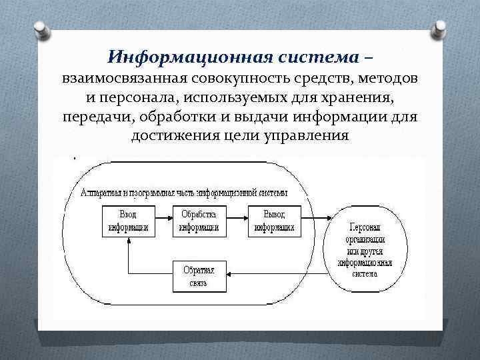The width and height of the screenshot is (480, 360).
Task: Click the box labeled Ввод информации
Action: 128,221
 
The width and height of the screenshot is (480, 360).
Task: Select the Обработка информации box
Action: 199,221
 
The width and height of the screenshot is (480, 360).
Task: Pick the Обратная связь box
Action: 199,276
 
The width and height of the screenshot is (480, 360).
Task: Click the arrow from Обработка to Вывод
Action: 235,221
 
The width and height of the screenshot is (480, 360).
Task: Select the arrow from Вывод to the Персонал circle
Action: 317,221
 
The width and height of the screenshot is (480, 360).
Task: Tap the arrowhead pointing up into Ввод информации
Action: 128,241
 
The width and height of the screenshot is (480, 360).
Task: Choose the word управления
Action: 307,137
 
